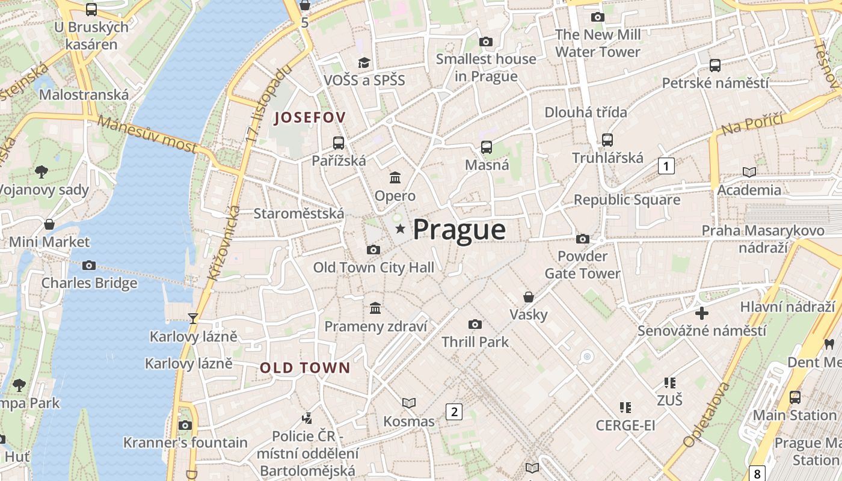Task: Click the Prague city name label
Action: pos(459,230)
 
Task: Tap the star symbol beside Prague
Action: pos(400,229)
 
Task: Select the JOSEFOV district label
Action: pos(310,118)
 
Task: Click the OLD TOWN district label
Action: pos(305,368)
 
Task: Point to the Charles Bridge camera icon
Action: pos(89,265)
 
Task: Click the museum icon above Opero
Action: pos(395,177)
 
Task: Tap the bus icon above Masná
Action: pos(487,147)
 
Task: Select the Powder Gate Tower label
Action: pos(582,265)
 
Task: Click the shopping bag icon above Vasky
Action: pos(528,297)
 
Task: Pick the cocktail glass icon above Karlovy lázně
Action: pos(192,318)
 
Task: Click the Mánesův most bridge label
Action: pos(147,134)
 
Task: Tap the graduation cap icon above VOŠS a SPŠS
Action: pos(364,63)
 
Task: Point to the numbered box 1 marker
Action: pos(666,165)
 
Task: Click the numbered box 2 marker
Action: pos(454,411)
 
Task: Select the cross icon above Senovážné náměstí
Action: pos(701,313)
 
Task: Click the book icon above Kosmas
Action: pos(409,403)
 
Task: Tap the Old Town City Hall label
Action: pos(373,268)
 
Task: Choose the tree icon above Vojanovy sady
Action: pos(41,172)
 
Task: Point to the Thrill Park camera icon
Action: pos(475,325)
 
